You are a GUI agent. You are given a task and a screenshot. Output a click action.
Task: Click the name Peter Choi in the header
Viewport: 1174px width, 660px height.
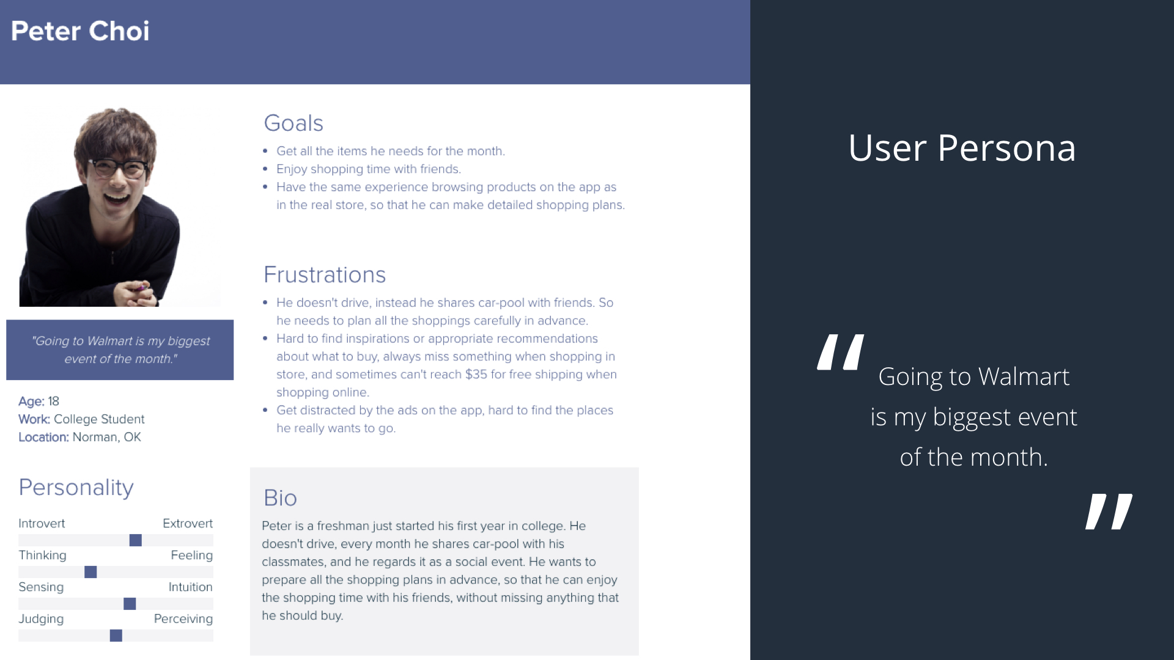click(80, 31)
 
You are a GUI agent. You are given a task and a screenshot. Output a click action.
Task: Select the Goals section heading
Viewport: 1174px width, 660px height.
click(293, 123)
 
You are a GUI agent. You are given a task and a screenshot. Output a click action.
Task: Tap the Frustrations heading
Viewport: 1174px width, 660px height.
click(325, 275)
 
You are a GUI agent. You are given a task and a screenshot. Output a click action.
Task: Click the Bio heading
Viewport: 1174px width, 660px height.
click(280, 498)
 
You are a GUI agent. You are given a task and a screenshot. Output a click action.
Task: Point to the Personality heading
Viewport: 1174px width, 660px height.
click(76, 488)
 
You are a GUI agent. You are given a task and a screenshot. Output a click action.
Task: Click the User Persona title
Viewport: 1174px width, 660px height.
click(962, 148)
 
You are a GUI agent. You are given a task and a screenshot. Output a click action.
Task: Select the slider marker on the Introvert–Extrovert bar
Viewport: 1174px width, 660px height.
click(136, 540)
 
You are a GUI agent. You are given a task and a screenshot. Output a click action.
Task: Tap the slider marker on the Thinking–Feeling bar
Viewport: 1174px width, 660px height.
click(90, 572)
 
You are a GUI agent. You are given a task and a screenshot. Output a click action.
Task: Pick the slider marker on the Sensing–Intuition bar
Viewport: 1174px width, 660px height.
click(130, 604)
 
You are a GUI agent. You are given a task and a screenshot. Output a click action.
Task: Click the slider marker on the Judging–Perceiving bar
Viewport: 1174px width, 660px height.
click(116, 636)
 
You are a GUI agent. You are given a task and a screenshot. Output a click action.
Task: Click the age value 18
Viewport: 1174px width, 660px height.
click(54, 402)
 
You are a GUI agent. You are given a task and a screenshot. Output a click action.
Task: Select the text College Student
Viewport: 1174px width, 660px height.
click(99, 419)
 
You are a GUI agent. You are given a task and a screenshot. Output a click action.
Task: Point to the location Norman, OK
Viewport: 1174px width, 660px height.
click(107, 438)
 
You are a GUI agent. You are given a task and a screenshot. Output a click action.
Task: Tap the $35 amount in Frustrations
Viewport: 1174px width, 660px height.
click(476, 375)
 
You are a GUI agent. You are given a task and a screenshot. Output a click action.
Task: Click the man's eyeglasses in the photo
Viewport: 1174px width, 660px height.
click(119, 168)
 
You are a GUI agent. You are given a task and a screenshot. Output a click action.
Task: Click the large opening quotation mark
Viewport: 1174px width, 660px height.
click(841, 352)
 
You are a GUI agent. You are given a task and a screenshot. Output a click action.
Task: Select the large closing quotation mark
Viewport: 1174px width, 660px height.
click(1109, 512)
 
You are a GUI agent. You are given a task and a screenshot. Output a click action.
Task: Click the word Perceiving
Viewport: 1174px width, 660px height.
click(183, 619)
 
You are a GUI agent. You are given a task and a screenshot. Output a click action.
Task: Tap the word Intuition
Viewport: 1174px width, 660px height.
click(191, 587)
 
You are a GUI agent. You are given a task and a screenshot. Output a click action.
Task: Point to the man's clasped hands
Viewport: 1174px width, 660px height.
click(136, 292)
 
